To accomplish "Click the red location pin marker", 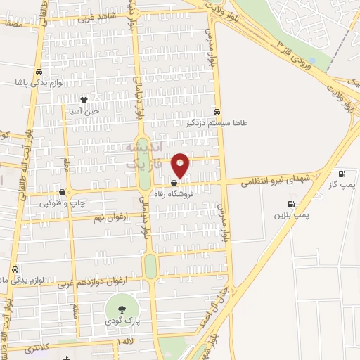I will click(x=181, y=165).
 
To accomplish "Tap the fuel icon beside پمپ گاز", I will click(x=342, y=174).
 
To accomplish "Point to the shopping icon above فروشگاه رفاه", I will click(x=174, y=185).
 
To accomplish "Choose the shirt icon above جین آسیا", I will click(x=84, y=100).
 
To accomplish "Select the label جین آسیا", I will click(x=84, y=110).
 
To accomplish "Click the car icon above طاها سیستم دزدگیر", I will click(x=217, y=112).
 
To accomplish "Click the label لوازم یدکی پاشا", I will click(x=40, y=82).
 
